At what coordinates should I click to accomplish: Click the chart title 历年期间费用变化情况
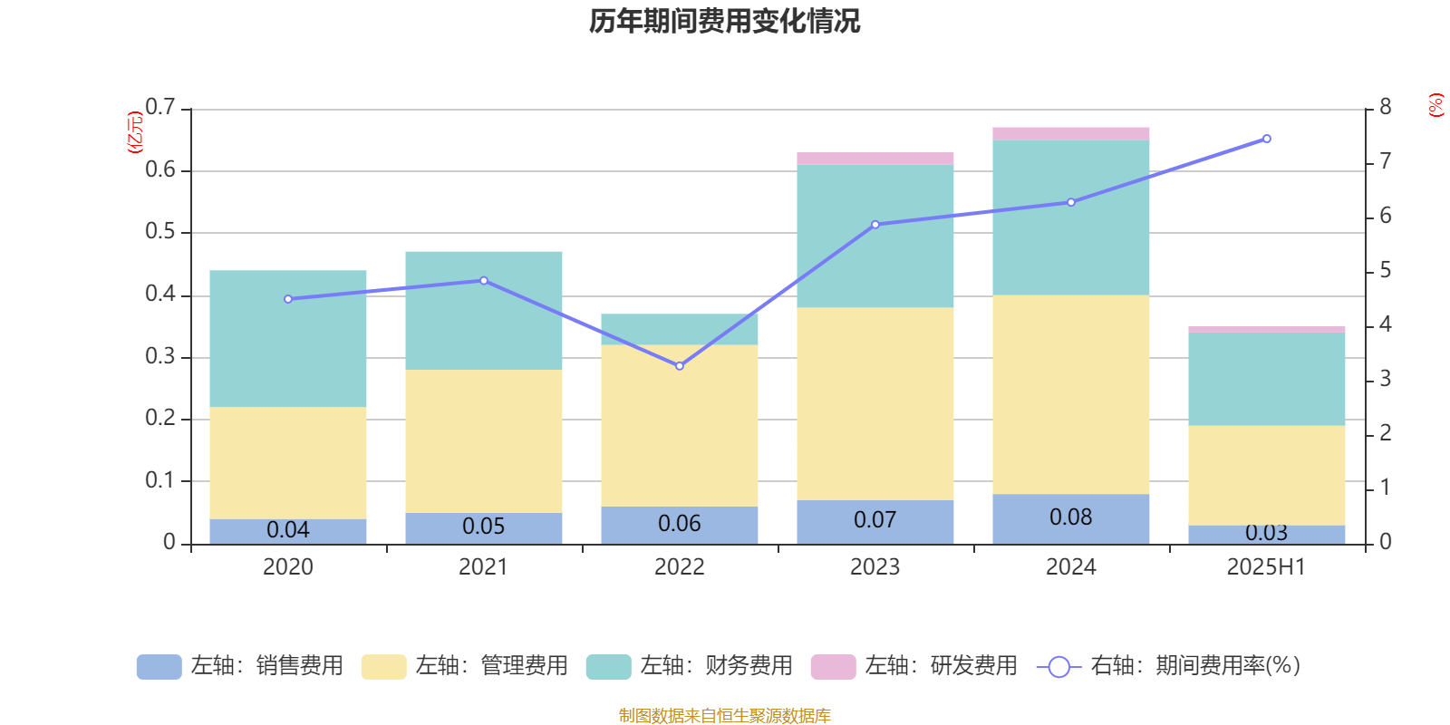pyautogui.click(x=724, y=22)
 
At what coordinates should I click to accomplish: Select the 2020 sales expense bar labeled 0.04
pyautogui.click(x=288, y=530)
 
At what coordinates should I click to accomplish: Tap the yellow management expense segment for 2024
pyautogui.click(x=1070, y=394)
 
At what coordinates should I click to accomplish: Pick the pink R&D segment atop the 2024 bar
pyautogui.click(x=1070, y=133)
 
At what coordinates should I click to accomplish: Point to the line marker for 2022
pyautogui.click(x=680, y=366)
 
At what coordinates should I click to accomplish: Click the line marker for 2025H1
pyautogui.click(x=1267, y=139)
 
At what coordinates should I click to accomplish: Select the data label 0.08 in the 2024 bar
pyautogui.click(x=1070, y=517)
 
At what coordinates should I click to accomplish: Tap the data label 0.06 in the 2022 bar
pyautogui.click(x=680, y=524)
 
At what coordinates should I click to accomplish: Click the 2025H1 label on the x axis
pyautogui.click(x=1266, y=567)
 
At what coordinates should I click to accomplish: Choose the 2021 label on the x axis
pyautogui.click(x=483, y=567)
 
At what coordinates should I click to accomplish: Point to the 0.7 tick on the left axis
pyautogui.click(x=159, y=108)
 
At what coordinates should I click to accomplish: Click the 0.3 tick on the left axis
pyautogui.click(x=159, y=357)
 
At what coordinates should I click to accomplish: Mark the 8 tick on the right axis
pyautogui.click(x=1385, y=108)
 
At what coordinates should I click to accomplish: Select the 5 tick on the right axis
pyautogui.click(x=1385, y=270)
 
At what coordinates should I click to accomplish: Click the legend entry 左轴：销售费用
pyautogui.click(x=240, y=666)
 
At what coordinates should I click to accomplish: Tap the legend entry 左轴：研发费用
pyautogui.click(x=914, y=666)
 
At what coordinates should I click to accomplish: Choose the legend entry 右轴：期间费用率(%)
pyautogui.click(x=1168, y=666)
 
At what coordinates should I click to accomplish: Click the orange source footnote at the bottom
pyautogui.click(x=724, y=716)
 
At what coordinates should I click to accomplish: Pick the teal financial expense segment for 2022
pyautogui.click(x=680, y=329)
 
